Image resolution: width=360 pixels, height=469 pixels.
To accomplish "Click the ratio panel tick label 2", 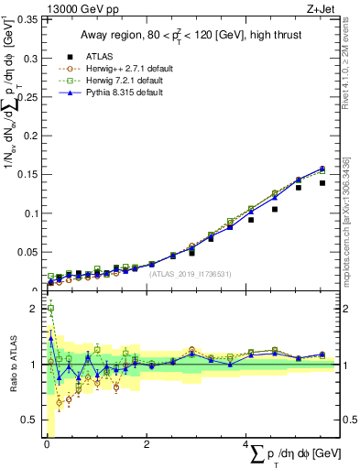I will tap(34, 309).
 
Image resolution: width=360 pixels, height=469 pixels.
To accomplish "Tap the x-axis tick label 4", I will tap(246, 444).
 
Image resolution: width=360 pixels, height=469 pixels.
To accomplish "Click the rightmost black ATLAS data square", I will tap(322, 183).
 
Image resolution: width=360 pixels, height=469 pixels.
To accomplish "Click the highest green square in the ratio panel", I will tap(50, 309).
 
